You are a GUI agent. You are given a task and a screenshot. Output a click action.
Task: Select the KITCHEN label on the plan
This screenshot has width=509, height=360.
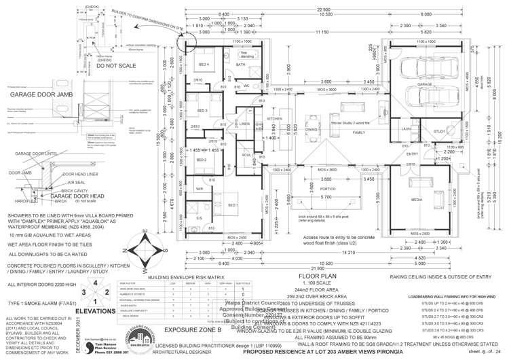(x=274, y=119)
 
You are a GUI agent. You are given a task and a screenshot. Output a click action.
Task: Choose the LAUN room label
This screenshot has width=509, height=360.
(x=407, y=128)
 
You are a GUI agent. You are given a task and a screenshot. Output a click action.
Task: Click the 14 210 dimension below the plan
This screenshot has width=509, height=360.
(x=331, y=253)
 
